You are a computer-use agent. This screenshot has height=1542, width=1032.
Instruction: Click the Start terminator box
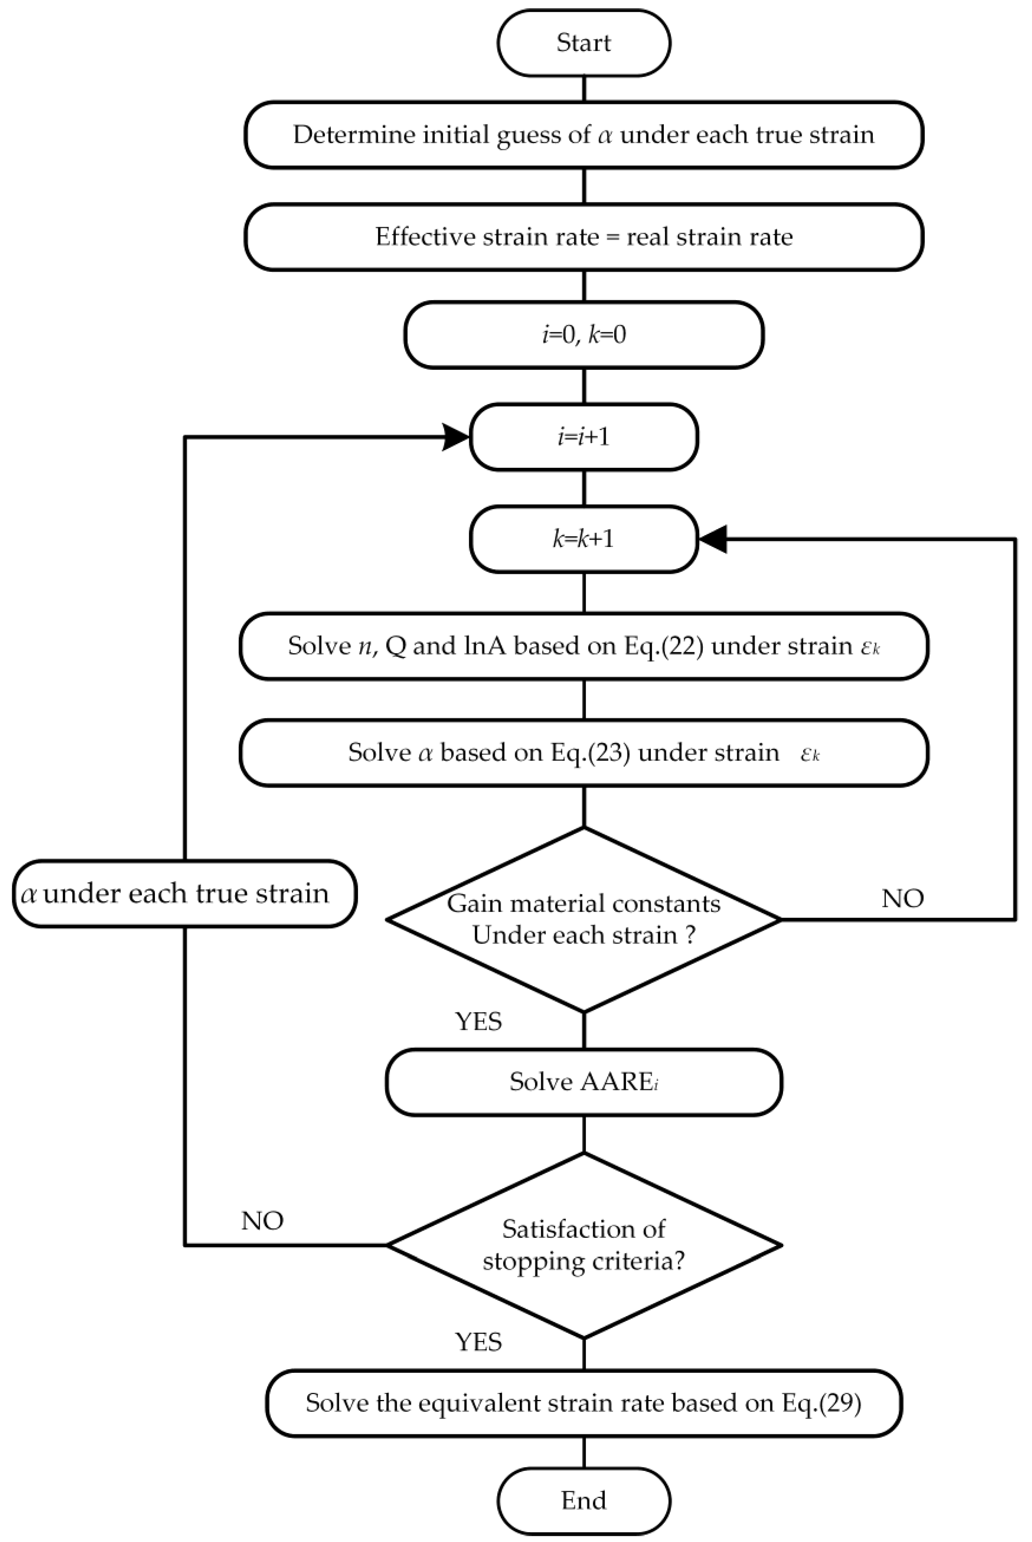(584, 43)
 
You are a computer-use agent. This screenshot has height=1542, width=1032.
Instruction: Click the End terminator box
(584, 1501)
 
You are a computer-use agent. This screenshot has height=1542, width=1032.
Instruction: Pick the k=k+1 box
(584, 539)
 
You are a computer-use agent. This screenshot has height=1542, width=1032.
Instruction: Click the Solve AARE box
(584, 1082)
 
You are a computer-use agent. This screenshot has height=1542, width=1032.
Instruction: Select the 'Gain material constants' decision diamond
(584, 919)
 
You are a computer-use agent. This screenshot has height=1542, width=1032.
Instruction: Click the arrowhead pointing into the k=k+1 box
(713, 539)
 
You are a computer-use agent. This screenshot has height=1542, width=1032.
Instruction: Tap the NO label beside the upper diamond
(902, 898)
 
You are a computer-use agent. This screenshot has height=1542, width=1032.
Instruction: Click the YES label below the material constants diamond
(479, 1021)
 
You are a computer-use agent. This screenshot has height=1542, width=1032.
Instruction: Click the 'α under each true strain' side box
(184, 894)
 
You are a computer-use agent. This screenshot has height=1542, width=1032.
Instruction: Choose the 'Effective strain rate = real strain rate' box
(584, 236)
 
